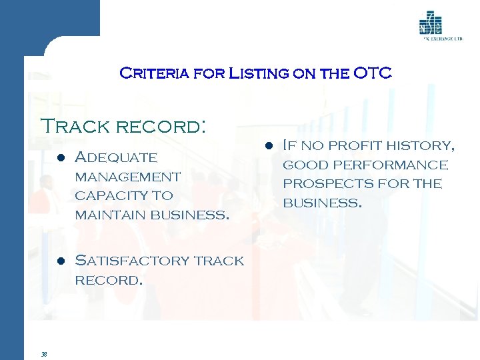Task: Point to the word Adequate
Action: pos(117,158)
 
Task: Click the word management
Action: pos(127,177)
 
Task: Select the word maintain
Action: pos(110,215)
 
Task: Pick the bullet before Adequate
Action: pos(61,159)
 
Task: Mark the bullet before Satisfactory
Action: pos(61,261)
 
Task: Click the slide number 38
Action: pos(43,354)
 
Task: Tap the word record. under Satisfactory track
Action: pos(109,280)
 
